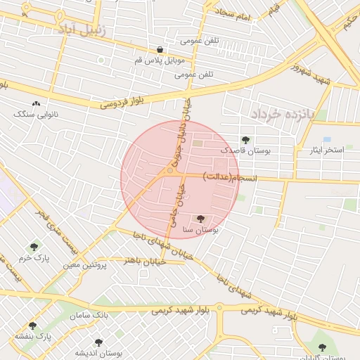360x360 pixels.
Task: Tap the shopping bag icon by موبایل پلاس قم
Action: [x=161, y=50]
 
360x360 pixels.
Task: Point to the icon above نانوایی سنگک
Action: [x=36, y=104]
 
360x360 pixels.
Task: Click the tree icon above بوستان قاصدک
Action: [x=245, y=140]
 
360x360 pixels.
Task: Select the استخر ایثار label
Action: [x=326, y=150]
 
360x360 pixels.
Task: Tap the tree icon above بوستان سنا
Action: [x=201, y=219]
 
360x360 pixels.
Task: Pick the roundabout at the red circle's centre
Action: [x=169, y=171]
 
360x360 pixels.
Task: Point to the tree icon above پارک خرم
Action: [x=34, y=247]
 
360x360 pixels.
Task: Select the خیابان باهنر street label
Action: [x=144, y=259]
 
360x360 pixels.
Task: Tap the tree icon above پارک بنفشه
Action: [x=32, y=326]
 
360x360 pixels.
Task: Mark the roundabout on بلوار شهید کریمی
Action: [x=219, y=307]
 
